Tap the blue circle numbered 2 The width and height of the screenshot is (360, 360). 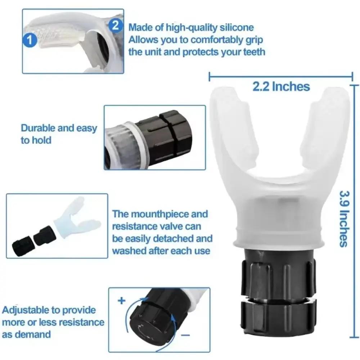[115, 25]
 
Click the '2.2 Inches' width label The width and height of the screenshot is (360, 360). [281, 86]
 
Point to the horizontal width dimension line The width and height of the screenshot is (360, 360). [281, 76]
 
